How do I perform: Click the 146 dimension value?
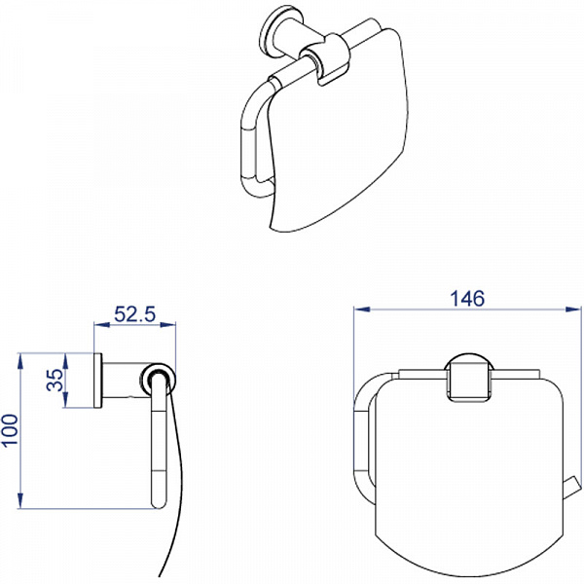467,299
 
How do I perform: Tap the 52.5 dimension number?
134,314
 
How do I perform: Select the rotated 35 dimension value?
55,380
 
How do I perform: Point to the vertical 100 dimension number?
10,429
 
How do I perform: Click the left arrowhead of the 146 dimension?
362,310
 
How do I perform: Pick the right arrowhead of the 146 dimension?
573,310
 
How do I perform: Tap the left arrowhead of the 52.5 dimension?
102,325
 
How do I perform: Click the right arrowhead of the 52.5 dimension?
167,325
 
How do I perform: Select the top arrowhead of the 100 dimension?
20,361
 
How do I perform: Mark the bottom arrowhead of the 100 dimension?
20,500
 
